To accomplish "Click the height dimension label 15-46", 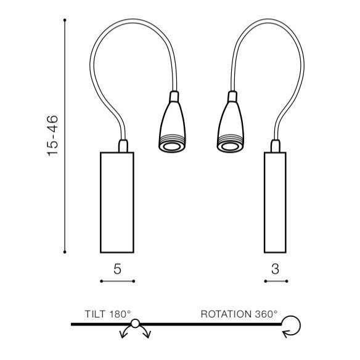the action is [x=52, y=136].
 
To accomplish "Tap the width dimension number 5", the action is [x=117, y=269].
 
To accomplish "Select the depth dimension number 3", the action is [x=275, y=269].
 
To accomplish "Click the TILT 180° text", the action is [x=108, y=314].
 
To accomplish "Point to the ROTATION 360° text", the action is [x=239, y=314].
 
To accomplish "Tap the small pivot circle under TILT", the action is [x=135, y=323].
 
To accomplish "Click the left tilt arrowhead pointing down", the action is [x=123, y=335].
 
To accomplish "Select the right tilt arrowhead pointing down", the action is [x=147, y=335].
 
